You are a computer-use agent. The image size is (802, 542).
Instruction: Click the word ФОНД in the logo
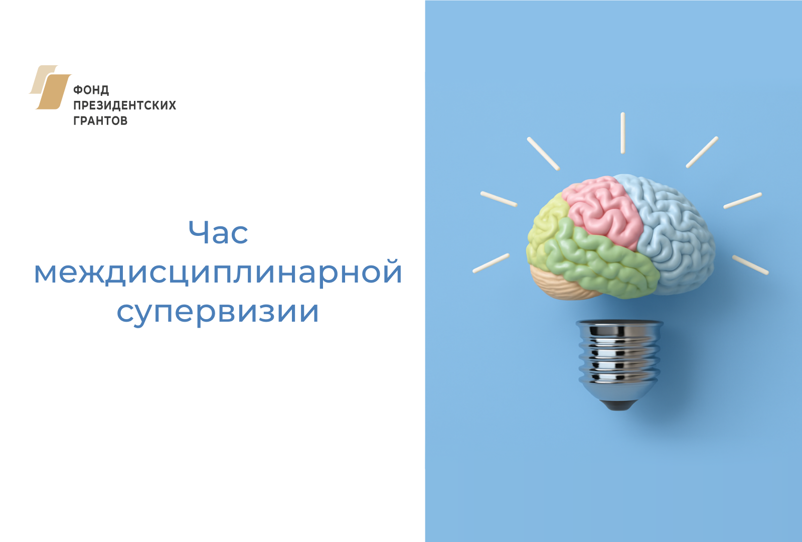coord(91,90)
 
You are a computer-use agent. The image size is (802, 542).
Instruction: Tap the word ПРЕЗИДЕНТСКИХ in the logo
coord(124,105)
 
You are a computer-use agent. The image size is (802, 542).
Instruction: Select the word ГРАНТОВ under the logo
coord(100,121)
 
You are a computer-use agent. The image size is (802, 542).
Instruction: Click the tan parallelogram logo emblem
coord(50,87)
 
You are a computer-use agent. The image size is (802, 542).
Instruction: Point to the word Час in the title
coord(218,233)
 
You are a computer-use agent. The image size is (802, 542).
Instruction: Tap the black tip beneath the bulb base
coord(619,405)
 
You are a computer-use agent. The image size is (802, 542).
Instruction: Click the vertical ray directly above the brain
coord(623,133)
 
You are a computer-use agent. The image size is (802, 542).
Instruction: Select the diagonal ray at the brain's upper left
coord(543,154)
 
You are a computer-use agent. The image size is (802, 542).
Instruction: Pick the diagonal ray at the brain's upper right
coord(702,152)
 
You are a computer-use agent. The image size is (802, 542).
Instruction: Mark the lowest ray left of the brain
coord(491,263)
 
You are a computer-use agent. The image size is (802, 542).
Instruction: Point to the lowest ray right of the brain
coord(750,265)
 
